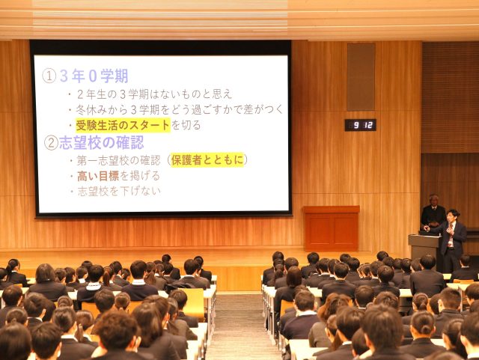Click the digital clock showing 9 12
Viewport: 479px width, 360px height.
(x=361, y=125)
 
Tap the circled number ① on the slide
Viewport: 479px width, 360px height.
(x=49, y=76)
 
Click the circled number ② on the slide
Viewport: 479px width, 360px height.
(x=51, y=143)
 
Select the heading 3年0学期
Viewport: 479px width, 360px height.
(x=94, y=76)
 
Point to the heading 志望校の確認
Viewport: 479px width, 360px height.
(x=102, y=143)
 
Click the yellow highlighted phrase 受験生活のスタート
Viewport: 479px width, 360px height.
(x=123, y=125)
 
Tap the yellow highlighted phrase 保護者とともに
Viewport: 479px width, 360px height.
(x=207, y=160)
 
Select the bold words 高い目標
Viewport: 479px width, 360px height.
(x=98, y=176)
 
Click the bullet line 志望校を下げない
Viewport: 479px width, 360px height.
(x=119, y=192)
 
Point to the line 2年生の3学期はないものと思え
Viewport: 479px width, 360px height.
(x=154, y=94)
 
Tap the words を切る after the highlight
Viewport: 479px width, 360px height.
(x=186, y=125)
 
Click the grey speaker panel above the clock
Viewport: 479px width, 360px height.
(x=361, y=77)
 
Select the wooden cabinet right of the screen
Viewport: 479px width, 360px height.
(x=331, y=228)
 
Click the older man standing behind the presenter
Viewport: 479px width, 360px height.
(x=433, y=212)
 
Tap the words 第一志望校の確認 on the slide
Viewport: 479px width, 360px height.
(x=119, y=160)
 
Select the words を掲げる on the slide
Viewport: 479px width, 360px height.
(x=140, y=176)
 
